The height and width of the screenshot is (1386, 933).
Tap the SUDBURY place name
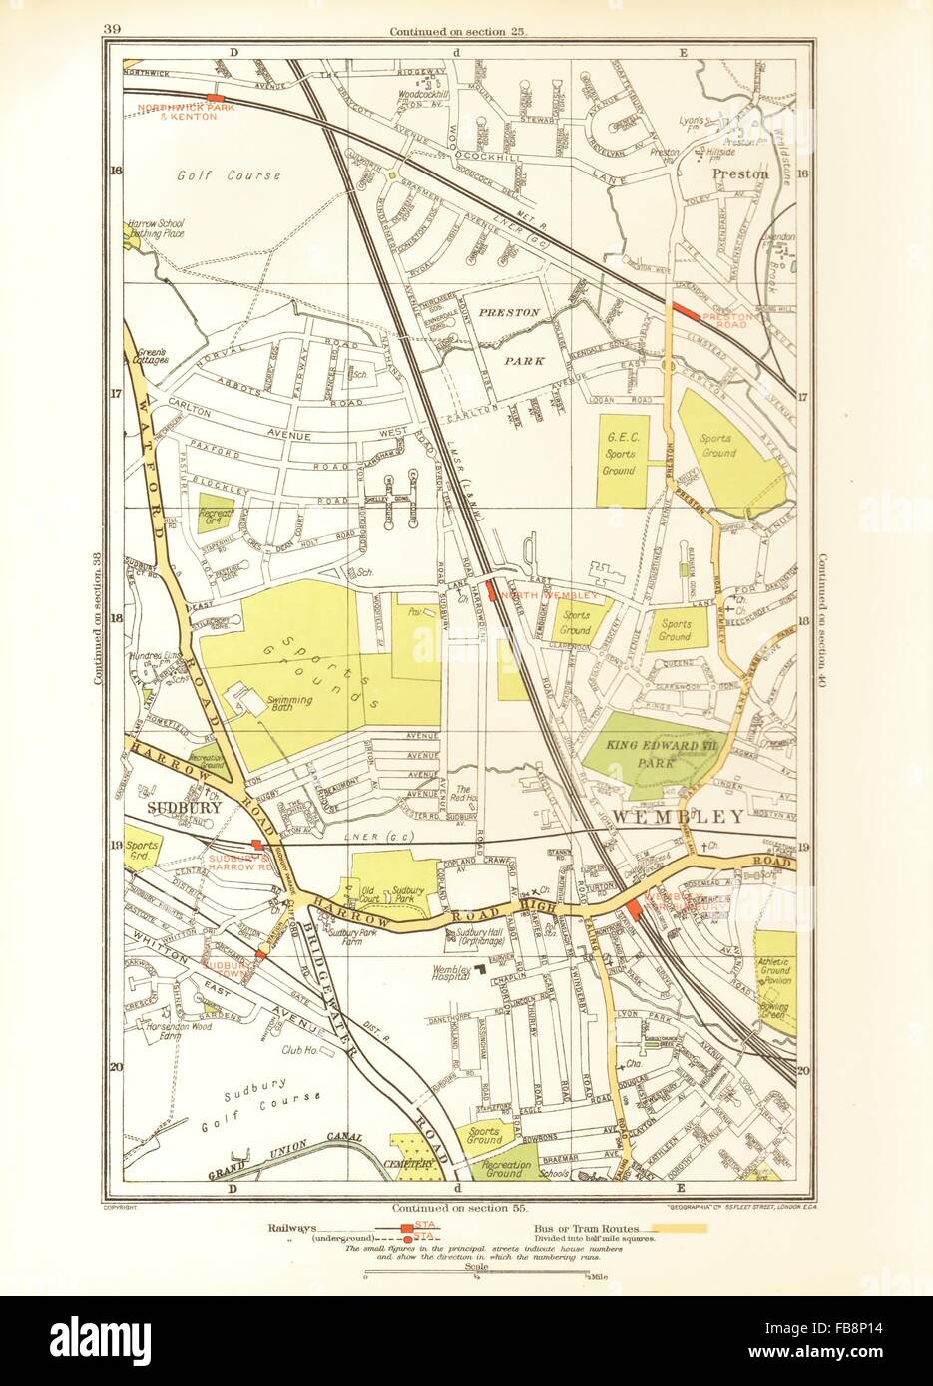(x=184, y=808)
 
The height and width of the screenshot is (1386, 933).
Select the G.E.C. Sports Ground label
(x=618, y=454)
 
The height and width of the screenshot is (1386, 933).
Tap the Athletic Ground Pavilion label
(x=774, y=973)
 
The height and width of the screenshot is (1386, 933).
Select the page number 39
(x=112, y=29)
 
